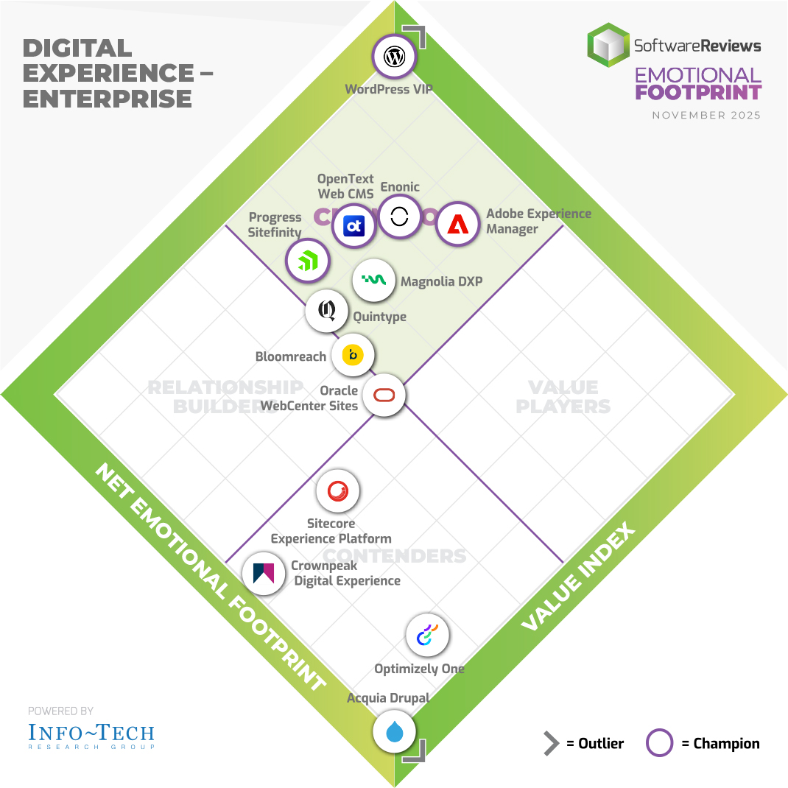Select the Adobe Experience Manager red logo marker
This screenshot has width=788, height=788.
click(458, 223)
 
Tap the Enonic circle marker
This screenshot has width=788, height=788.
click(399, 217)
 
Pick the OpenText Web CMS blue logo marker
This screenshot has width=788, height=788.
click(354, 226)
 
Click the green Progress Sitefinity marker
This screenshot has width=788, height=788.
click(307, 260)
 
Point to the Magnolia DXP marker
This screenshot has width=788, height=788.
click(374, 281)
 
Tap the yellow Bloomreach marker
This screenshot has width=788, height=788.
click(353, 355)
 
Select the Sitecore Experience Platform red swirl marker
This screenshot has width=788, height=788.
click(338, 491)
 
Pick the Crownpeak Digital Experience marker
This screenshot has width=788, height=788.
click(264, 573)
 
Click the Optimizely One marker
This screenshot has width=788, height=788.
click(428, 636)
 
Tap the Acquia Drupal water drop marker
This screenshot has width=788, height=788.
click(395, 731)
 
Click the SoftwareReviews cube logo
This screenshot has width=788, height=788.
click(608, 46)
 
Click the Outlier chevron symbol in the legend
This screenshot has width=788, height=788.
click(551, 744)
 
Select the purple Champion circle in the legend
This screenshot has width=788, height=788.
click(660, 744)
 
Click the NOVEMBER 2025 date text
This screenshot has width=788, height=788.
click(706, 116)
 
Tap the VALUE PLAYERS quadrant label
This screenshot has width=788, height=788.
click(563, 396)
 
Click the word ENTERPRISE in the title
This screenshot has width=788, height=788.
click(108, 98)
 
